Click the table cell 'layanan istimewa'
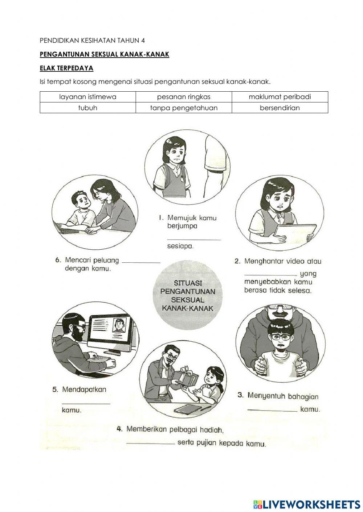click(87, 97)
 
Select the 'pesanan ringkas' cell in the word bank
click(184, 97)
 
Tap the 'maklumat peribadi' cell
click(280, 97)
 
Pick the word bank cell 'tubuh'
click(87, 108)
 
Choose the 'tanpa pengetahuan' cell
click(184, 108)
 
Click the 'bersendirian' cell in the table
click(280, 108)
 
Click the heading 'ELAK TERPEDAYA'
click(66, 68)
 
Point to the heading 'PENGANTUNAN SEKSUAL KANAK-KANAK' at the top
click(105, 54)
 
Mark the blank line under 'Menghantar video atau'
click(270, 274)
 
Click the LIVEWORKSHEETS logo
click(307, 504)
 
